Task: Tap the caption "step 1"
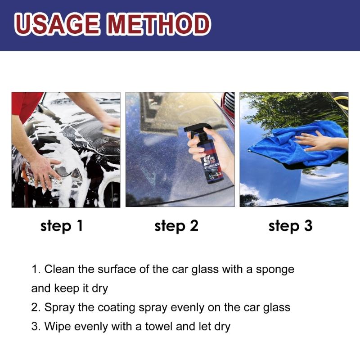point(62,225)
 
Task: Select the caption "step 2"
point(176,225)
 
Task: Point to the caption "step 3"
point(290,225)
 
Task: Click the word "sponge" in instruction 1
point(275,270)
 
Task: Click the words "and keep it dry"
point(70,288)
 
